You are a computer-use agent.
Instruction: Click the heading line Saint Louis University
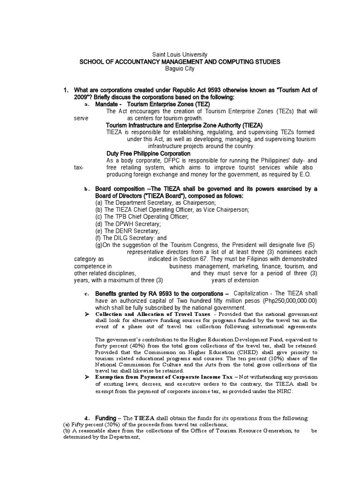coord(180,54)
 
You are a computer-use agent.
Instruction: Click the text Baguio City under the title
coord(180,68)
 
